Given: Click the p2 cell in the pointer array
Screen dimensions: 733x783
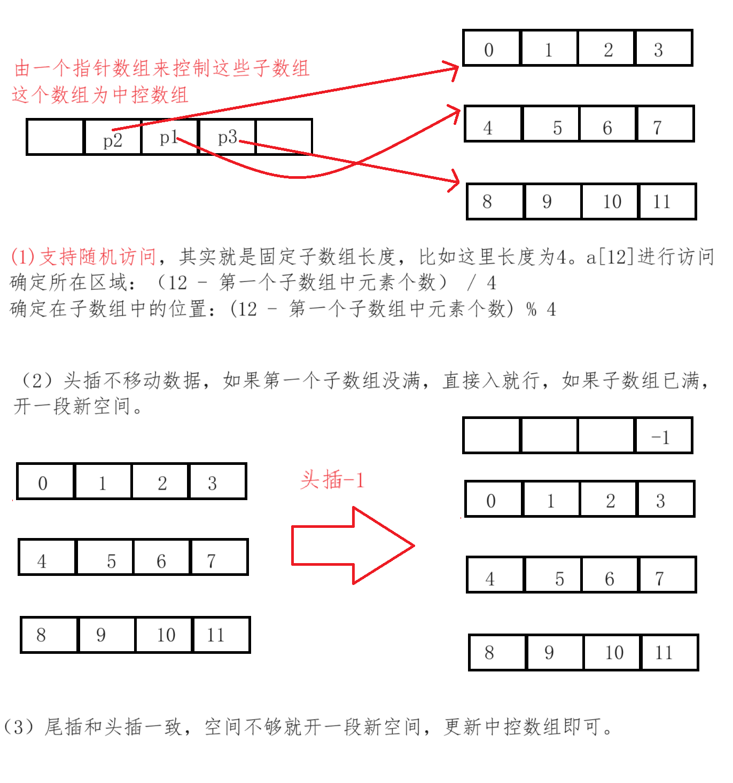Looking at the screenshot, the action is tap(113, 137).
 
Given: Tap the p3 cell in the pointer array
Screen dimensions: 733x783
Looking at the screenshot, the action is tap(227, 137).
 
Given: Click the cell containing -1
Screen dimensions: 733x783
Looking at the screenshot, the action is tap(663, 436).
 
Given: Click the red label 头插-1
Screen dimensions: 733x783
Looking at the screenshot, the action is tap(332, 480).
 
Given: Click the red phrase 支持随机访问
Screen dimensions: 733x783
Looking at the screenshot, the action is tap(98, 257).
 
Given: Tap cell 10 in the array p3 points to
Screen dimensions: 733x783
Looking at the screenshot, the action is tap(610, 202).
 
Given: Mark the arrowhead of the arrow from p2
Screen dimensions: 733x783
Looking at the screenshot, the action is tap(454, 69).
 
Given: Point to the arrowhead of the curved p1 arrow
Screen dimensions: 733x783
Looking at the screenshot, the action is tap(455, 113).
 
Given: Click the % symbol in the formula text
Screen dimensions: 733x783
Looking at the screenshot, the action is tap(531, 309).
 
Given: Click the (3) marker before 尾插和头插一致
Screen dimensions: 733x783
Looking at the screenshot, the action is tap(18, 727).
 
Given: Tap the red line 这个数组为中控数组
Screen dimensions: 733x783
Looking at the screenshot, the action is tap(100, 95).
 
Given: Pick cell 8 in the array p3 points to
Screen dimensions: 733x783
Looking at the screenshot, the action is tap(495, 202).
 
